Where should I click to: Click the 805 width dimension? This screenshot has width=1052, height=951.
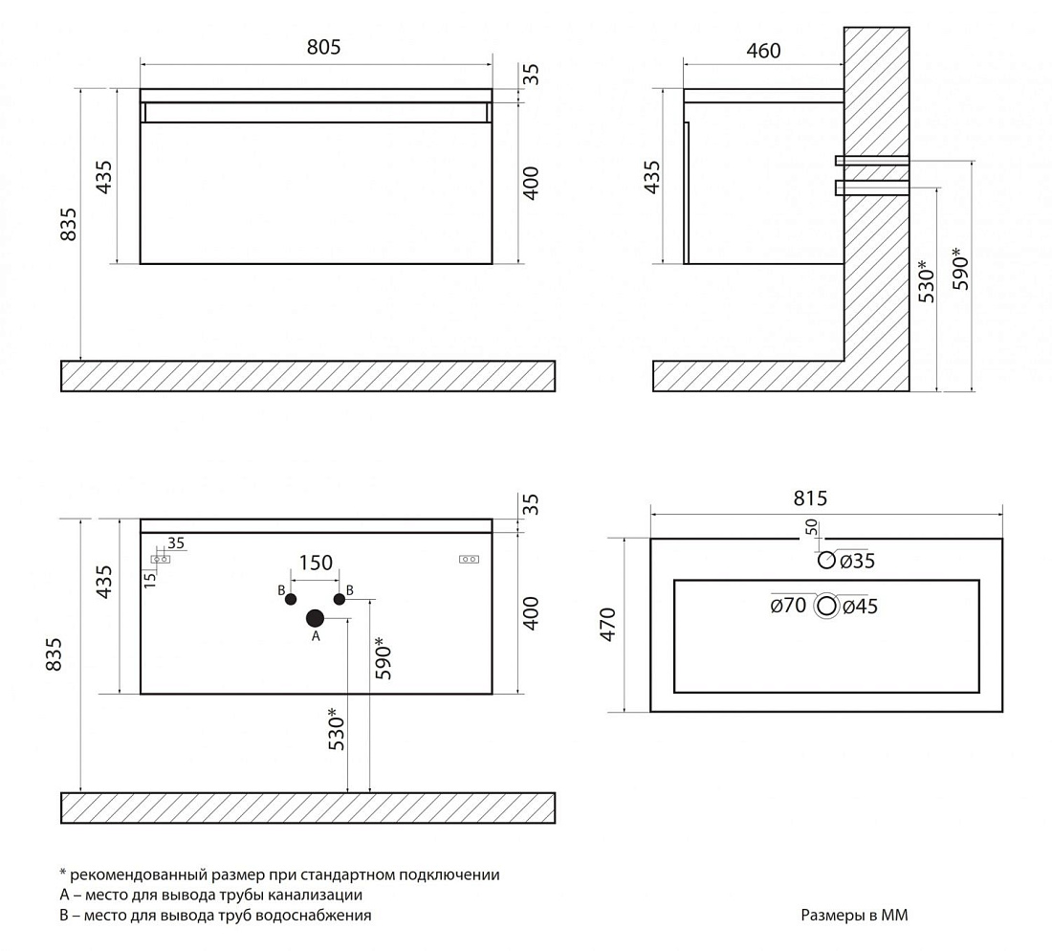pyautogui.click(x=323, y=47)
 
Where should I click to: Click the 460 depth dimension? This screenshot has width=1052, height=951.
pyautogui.click(x=763, y=51)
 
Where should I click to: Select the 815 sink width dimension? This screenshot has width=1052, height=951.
pyautogui.click(x=810, y=498)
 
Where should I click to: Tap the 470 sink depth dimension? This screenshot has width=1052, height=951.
pyautogui.click(x=608, y=624)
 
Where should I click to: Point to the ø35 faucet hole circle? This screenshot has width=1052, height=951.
pyautogui.click(x=826, y=560)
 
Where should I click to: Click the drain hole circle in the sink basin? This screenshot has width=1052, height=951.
pyautogui.click(x=827, y=606)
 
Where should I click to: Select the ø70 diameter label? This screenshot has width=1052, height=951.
pyautogui.click(x=788, y=606)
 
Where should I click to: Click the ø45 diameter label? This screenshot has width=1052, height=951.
pyautogui.click(x=860, y=607)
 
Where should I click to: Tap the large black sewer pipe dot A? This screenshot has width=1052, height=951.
pyautogui.click(x=316, y=618)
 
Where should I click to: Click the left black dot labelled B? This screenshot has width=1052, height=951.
pyautogui.click(x=291, y=599)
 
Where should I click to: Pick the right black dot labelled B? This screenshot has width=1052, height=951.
pyautogui.click(x=340, y=599)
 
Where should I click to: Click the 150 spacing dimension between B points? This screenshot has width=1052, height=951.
pyautogui.click(x=316, y=563)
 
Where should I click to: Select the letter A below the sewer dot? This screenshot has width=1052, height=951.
pyautogui.click(x=316, y=636)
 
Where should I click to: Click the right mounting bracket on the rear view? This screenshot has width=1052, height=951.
pyautogui.click(x=469, y=559)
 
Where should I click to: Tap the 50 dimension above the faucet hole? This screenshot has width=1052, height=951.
pyautogui.click(x=812, y=527)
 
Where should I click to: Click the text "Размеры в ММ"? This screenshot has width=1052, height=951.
pyautogui.click(x=854, y=915)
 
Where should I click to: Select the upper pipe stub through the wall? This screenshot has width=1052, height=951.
pyautogui.click(x=872, y=161)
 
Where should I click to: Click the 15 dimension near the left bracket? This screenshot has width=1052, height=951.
pyautogui.click(x=150, y=580)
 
